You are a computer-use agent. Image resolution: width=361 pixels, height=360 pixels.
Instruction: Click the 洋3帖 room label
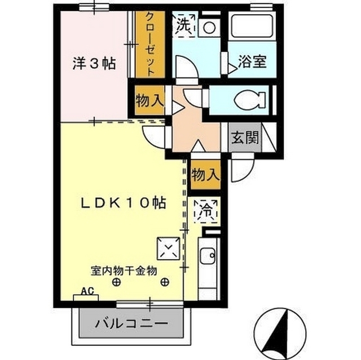point(94,64)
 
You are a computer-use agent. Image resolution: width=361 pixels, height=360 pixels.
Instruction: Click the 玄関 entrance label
point(244,137)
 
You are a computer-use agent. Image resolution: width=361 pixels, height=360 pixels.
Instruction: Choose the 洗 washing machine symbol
point(183,25)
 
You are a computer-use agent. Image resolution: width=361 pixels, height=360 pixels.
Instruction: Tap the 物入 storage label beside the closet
point(149,102)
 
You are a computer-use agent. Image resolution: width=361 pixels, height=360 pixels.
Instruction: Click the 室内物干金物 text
point(123,270)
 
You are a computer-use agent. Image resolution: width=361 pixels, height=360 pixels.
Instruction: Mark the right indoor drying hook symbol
point(165,282)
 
